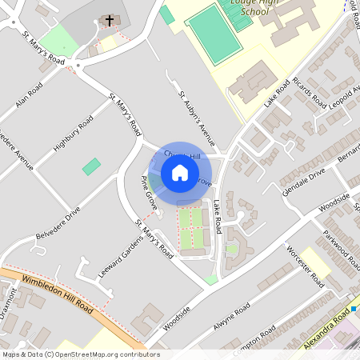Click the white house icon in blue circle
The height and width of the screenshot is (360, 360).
(179, 172)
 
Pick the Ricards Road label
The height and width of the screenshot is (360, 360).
(308, 92)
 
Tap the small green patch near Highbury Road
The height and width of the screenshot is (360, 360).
(92, 167)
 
